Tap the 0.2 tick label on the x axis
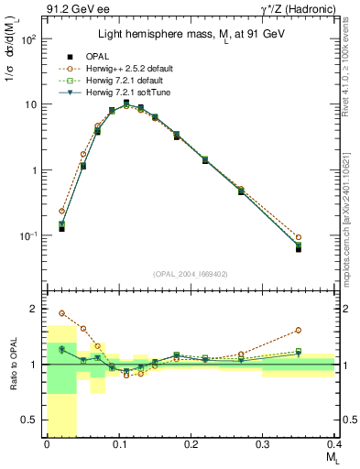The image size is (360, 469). (191, 443)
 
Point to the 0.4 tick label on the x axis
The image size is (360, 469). (333, 443)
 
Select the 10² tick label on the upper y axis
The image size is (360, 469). (27, 39)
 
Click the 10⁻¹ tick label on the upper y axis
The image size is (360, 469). (27, 236)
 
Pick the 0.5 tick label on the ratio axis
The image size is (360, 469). (29, 420)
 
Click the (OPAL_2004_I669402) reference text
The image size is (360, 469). (190, 272)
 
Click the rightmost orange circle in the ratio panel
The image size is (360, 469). (298, 330)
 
